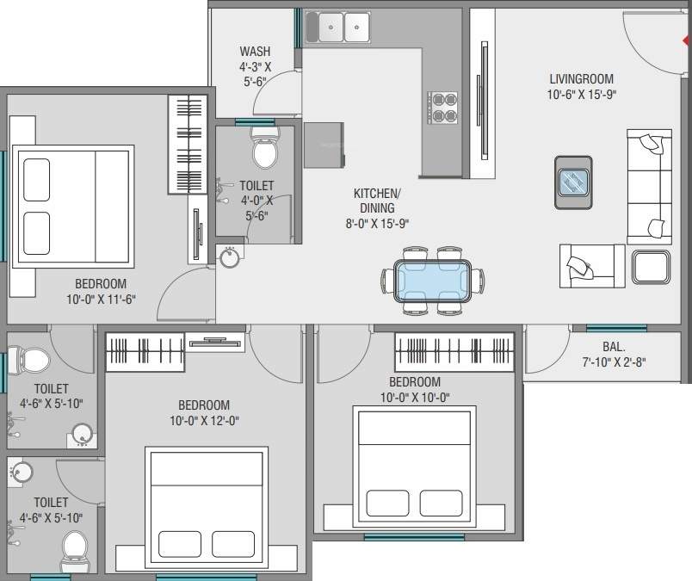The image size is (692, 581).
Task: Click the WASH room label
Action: point(255,52)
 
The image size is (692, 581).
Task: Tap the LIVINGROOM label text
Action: point(583,78)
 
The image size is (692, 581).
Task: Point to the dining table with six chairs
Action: point(427,281)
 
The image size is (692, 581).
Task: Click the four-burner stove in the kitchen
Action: point(443,107)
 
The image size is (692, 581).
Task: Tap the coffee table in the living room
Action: point(573,182)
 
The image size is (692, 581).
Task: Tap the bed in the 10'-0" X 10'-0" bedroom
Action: point(414,466)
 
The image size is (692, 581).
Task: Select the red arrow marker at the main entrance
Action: point(686,40)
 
